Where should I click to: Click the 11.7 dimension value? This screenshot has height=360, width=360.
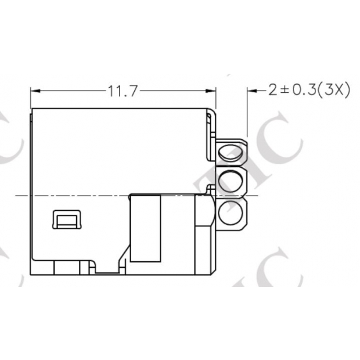pos(121,91)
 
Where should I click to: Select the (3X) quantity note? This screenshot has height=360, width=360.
pos(334,91)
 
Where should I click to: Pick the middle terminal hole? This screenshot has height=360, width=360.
pos(232,182)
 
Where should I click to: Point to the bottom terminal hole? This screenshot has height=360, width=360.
pos(232,213)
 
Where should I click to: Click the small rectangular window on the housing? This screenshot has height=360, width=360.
pos(68,220)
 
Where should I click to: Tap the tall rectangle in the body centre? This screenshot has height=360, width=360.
pos(145,228)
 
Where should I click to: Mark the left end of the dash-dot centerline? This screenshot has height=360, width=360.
pos(16,196)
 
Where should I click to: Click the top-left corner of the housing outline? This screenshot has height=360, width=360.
pos(31,109)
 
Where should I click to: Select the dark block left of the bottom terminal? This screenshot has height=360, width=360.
pos(204,212)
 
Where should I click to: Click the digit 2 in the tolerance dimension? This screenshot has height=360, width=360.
pos(272,91)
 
